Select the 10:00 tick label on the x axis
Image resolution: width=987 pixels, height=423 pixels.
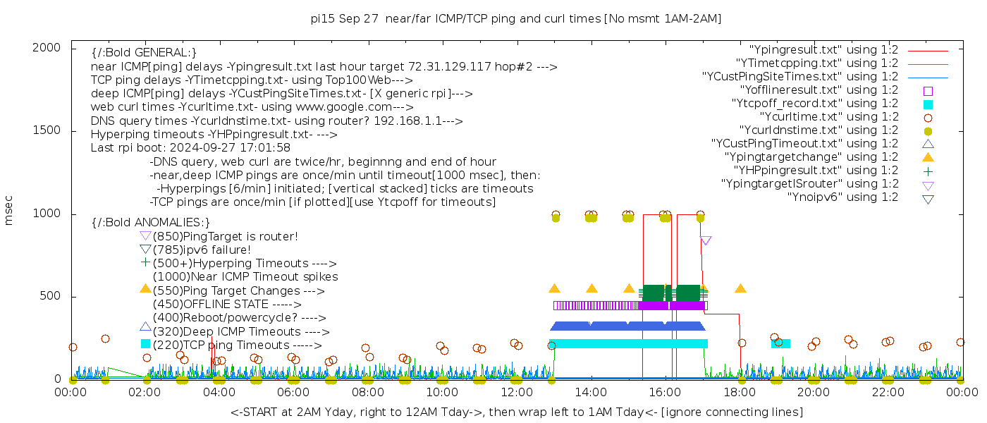coord(441,392)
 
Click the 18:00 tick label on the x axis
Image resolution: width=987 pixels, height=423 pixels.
coord(739,392)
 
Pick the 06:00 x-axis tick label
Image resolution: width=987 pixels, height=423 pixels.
coord(293,392)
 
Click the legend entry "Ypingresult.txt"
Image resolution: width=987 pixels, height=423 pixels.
coord(823,50)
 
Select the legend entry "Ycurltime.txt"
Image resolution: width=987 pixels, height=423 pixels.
coord(828,117)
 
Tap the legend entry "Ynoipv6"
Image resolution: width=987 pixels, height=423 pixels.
coord(842,197)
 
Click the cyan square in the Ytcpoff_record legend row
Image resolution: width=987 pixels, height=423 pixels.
coord(928,104)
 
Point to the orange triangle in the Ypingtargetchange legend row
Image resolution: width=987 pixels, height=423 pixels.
coord(928,157)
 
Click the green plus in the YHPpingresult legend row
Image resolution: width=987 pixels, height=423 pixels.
coord(928,171)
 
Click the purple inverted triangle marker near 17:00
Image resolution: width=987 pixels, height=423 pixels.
coord(706,241)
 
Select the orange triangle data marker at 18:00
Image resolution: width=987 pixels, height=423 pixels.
coord(740,288)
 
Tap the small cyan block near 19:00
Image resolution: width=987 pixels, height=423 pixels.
coord(781,343)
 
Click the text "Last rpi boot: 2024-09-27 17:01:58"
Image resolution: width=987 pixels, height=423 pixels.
coord(190,148)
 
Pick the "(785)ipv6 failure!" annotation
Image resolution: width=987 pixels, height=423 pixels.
coord(202,250)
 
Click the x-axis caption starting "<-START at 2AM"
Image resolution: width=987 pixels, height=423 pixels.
coord(516,412)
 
